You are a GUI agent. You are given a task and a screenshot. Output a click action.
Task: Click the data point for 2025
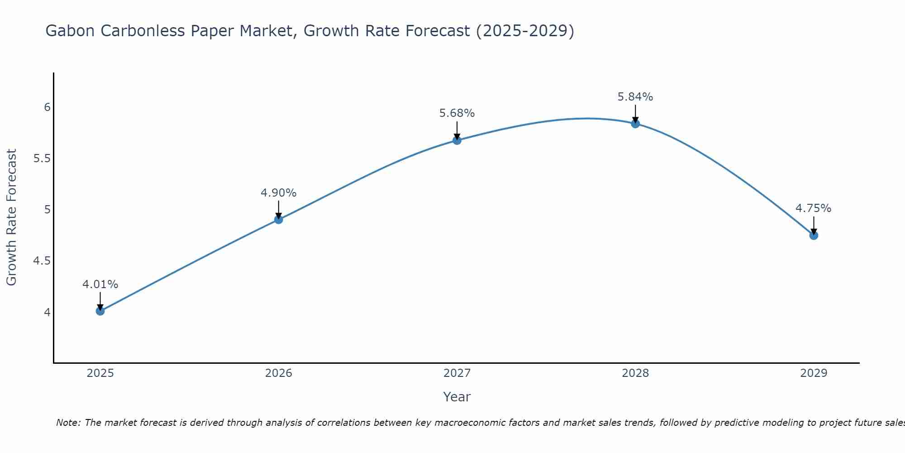tap(100, 311)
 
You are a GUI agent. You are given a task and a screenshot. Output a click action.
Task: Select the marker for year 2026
tap(279, 220)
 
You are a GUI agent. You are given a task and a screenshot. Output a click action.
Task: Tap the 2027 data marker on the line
tap(457, 140)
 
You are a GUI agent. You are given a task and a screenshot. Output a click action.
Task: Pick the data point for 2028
tap(635, 124)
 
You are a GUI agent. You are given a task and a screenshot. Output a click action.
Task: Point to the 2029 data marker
tap(814, 235)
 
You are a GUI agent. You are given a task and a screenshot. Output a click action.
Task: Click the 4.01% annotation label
tap(100, 284)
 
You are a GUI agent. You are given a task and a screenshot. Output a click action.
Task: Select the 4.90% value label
tap(279, 193)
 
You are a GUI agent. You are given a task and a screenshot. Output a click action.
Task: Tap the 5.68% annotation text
tap(457, 113)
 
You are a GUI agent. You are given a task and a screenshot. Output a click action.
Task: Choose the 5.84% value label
tap(635, 97)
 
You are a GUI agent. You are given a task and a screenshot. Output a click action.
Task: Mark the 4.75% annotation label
tap(813, 208)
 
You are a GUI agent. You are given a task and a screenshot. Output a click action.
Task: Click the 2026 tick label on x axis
tap(279, 373)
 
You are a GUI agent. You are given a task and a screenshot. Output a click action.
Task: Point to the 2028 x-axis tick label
tap(635, 373)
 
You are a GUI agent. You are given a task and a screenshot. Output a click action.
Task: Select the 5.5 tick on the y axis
tap(42, 159)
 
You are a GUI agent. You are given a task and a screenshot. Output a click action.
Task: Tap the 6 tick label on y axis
tap(47, 107)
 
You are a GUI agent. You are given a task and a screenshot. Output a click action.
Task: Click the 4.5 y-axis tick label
tap(42, 261)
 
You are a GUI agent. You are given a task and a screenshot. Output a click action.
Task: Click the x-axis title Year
tap(457, 397)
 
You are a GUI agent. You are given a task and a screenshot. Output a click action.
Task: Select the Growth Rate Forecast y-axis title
tap(11, 217)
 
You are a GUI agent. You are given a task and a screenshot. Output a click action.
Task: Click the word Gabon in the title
tap(70, 31)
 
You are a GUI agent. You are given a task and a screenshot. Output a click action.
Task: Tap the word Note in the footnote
tap(68, 423)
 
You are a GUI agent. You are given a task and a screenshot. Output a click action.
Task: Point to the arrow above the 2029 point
tap(814, 225)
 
